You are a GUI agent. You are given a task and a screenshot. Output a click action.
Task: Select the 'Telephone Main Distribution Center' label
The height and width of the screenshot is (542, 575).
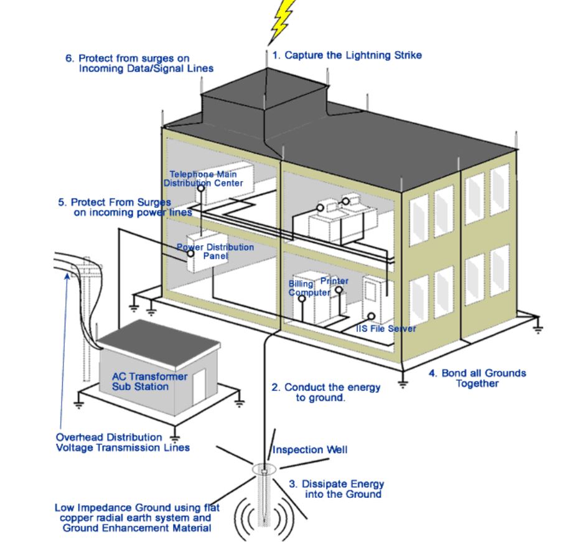click(x=205, y=179)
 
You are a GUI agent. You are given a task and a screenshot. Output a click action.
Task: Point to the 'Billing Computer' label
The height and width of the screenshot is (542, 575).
click(x=305, y=288)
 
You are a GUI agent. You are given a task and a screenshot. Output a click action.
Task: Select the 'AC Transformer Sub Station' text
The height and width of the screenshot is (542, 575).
click(x=140, y=381)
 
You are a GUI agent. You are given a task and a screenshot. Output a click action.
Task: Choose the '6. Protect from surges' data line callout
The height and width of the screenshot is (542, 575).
click(x=140, y=63)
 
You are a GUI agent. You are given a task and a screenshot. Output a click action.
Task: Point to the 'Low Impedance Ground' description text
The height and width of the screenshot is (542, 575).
click(x=133, y=517)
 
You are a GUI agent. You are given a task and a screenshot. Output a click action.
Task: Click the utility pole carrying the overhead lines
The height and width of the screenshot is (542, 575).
click(x=88, y=324)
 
